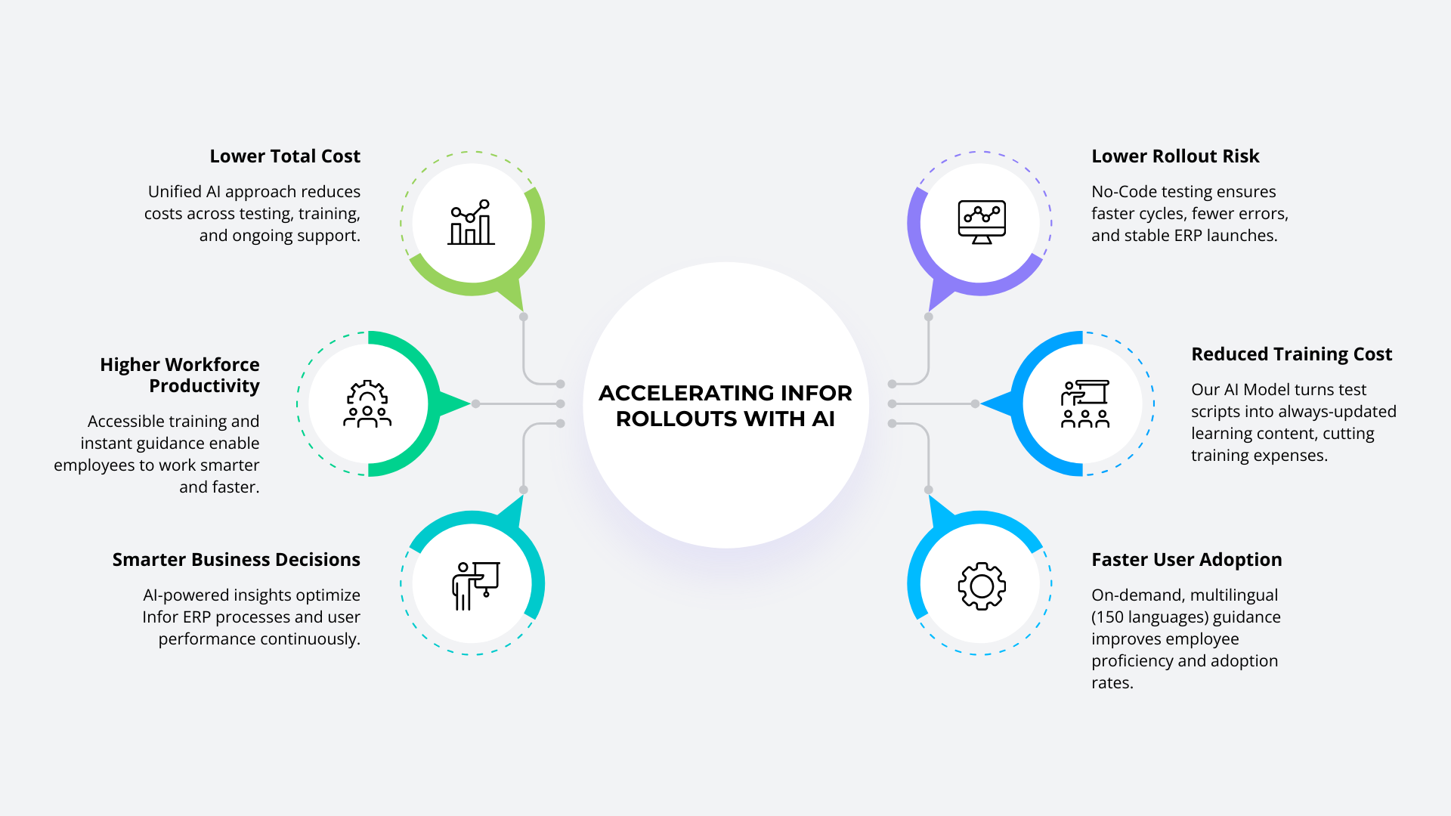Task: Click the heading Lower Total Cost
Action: point(285,156)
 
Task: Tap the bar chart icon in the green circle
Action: point(472,223)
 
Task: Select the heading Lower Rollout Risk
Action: point(1175,156)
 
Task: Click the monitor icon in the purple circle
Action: point(981,222)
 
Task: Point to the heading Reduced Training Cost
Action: point(1292,354)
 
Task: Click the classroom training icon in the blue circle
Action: point(1085,404)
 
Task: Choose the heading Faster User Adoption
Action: point(1186,560)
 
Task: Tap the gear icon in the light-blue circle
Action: point(981,586)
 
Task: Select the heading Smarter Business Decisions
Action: point(236,560)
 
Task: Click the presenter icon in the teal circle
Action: point(475,586)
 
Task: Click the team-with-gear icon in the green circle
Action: point(367,404)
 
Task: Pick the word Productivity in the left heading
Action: point(204,386)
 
